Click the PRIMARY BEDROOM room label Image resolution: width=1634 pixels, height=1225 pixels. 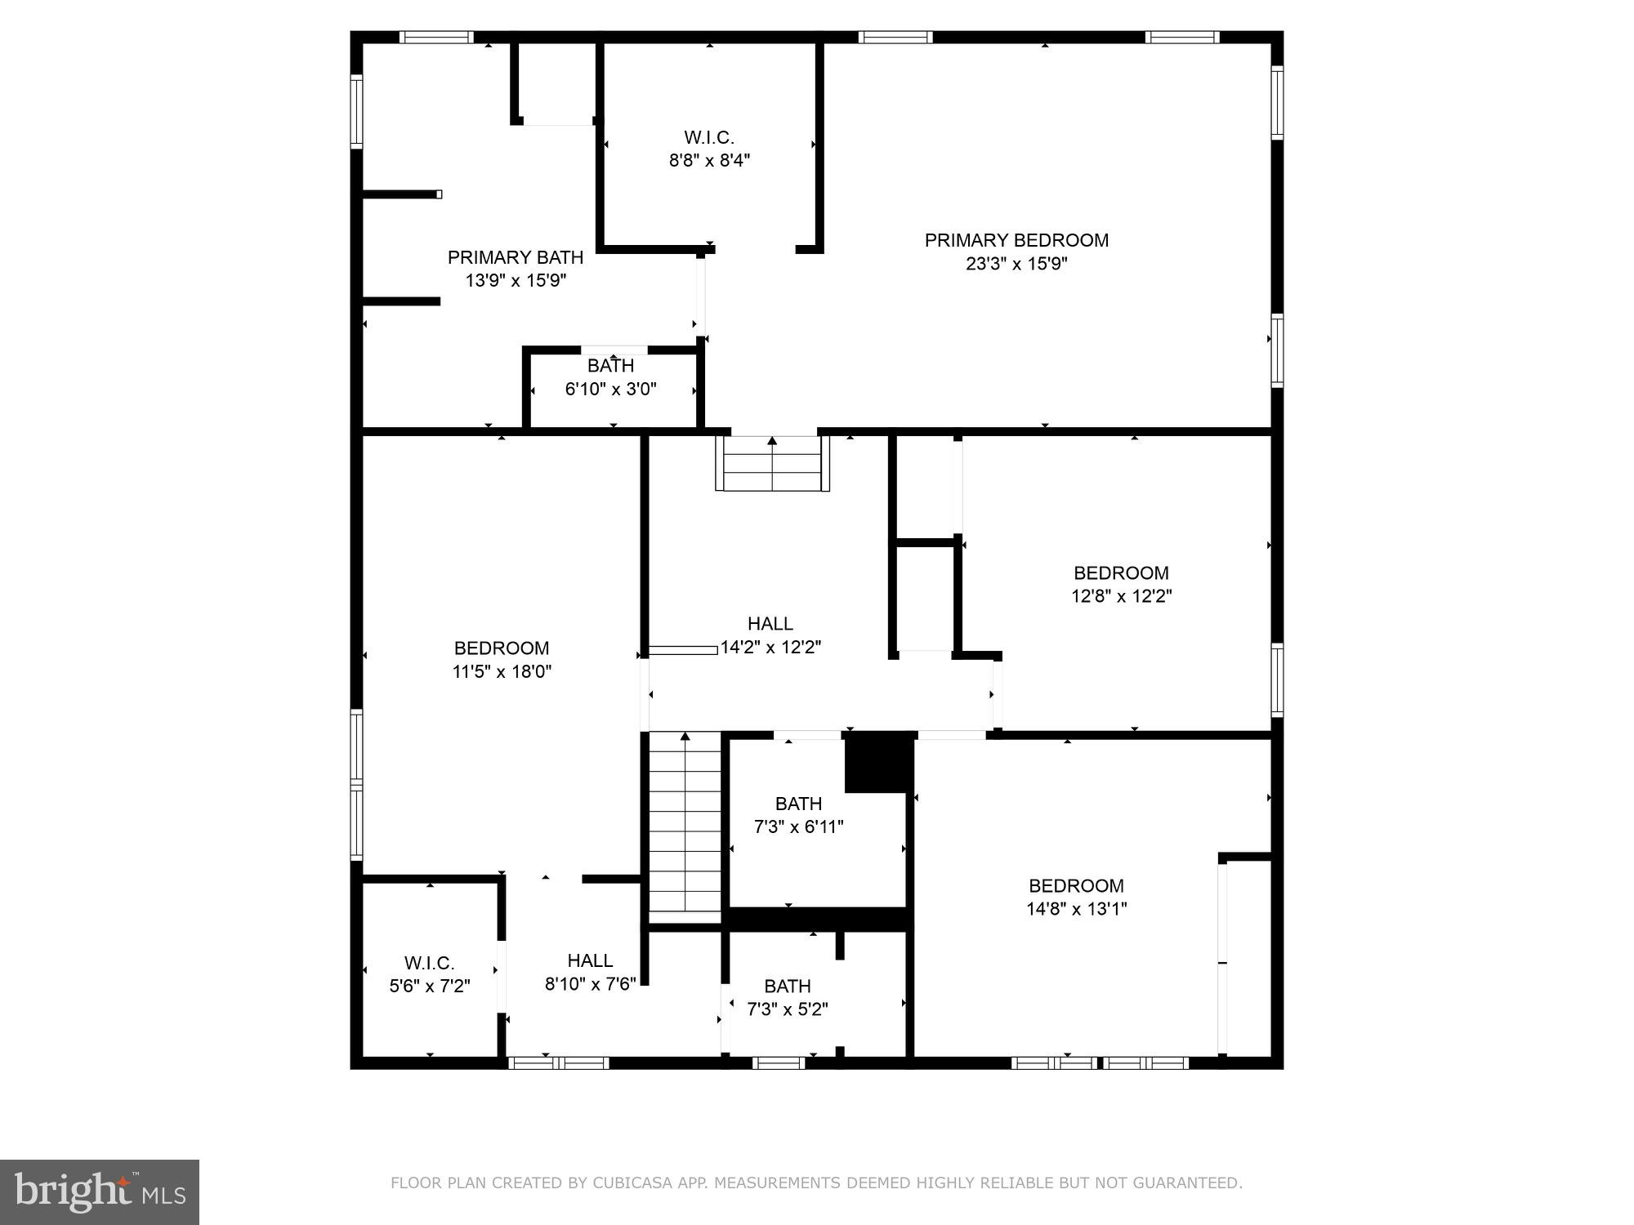pos(1016,240)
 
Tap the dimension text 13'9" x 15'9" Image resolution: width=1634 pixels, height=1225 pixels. pos(516,280)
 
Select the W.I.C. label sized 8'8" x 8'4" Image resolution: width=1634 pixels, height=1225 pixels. pos(709,137)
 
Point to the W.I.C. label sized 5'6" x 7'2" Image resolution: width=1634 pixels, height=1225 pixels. pos(429,963)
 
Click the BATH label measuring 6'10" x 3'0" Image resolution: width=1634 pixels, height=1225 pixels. pos(610,366)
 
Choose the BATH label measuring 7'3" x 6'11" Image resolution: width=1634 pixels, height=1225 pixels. pos(798,804)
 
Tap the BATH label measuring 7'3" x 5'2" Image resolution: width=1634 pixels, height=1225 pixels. pos(788,986)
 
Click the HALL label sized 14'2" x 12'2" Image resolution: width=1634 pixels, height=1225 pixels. pos(770,624)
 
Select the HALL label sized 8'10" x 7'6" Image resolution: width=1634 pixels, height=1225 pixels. pos(590,960)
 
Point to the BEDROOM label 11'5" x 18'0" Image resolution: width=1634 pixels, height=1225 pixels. pos(502,648)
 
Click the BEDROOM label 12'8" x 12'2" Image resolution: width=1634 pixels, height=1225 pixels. pos(1121,572)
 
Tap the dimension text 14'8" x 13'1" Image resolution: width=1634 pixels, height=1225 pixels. pos(1076,909)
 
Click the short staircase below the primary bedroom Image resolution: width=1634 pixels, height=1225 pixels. pos(772,464)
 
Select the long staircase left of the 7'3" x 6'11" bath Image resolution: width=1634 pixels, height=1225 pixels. pos(685,825)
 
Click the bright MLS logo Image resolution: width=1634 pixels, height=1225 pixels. pos(100,1192)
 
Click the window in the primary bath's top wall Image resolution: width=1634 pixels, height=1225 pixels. pos(436,37)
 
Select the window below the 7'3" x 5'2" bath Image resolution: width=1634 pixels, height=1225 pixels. pos(778,1062)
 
